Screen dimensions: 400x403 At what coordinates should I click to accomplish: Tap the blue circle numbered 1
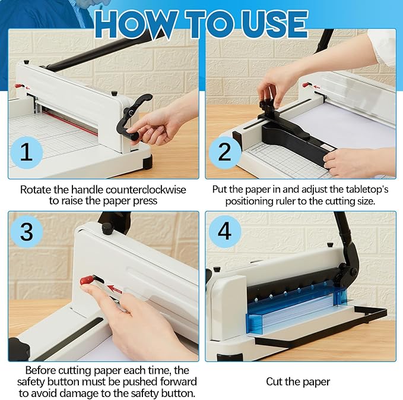[x=26, y=152]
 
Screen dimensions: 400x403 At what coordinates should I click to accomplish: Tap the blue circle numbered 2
[x=224, y=152]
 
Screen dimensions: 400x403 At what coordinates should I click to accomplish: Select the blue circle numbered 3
[x=26, y=231]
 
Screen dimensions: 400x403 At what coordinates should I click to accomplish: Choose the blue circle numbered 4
[x=224, y=231]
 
